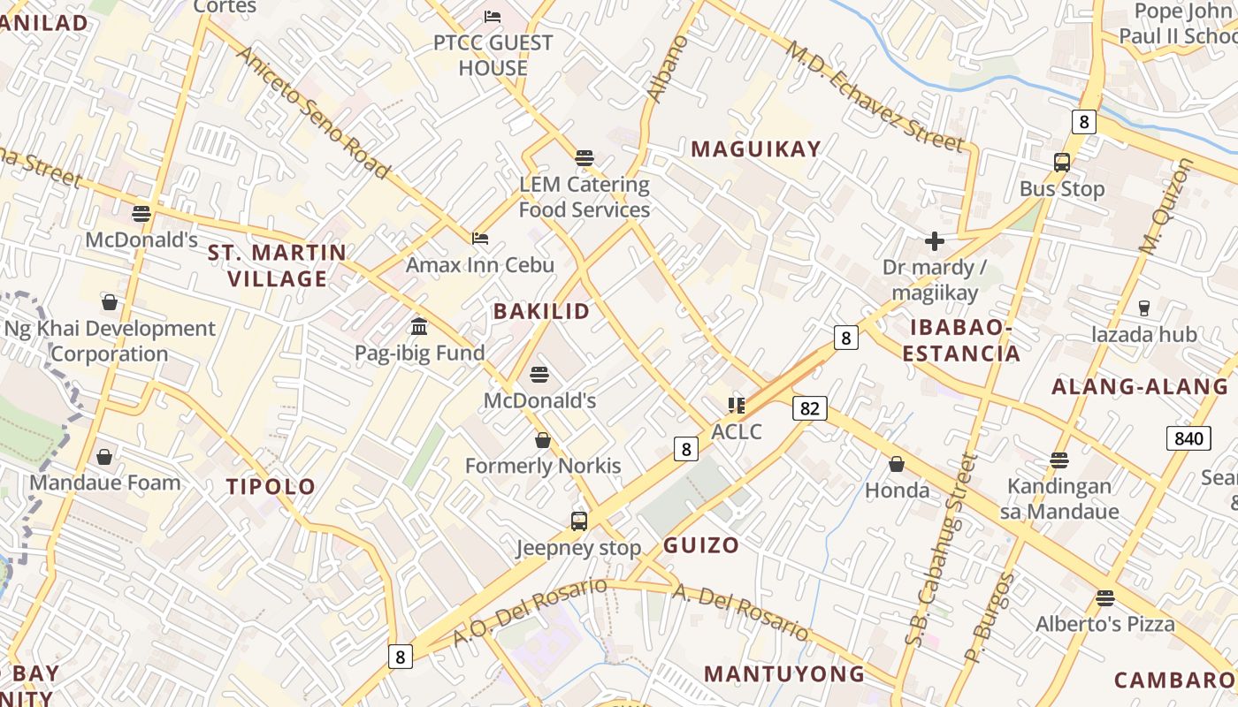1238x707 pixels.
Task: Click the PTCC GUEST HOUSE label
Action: click(x=493, y=55)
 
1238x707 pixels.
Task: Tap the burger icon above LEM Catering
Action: click(x=584, y=158)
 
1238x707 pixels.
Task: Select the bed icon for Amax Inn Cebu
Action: click(x=480, y=238)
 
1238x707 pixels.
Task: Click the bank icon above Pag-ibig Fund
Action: click(x=419, y=327)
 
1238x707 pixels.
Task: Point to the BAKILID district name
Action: click(x=541, y=311)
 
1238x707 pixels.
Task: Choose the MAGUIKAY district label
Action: click(x=756, y=149)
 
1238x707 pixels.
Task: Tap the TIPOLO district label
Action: click(x=271, y=486)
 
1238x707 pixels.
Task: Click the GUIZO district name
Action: click(x=700, y=544)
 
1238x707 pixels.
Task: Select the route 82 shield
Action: click(x=810, y=407)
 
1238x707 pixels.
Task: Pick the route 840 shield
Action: click(x=1188, y=438)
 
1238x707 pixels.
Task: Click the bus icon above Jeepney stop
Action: click(x=579, y=521)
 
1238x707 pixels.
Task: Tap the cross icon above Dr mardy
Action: click(x=934, y=240)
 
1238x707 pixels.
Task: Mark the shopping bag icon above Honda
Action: click(x=897, y=464)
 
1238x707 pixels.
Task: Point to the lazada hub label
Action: click(x=1143, y=334)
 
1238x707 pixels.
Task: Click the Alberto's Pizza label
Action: click(x=1104, y=624)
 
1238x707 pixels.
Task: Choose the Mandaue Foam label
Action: click(x=104, y=483)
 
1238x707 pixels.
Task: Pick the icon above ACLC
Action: click(x=736, y=406)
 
